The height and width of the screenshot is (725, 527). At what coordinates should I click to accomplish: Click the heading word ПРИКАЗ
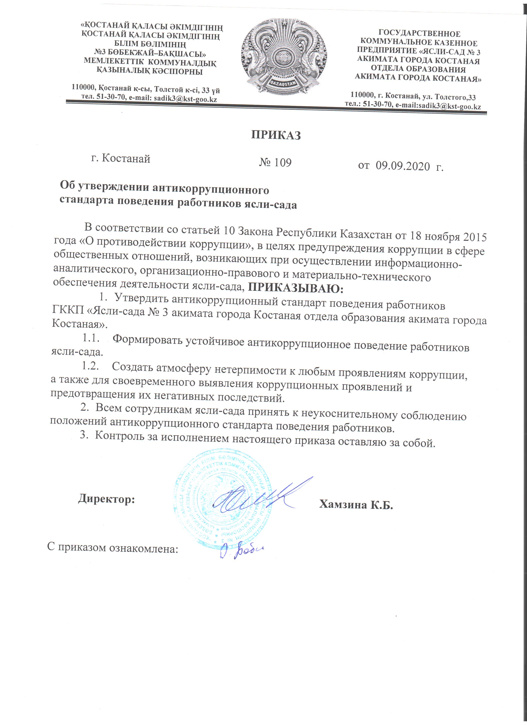pos(276,135)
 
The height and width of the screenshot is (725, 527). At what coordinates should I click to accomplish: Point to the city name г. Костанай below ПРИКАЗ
pos(121,158)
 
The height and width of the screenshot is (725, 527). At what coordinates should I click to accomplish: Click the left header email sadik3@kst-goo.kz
pos(185,99)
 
